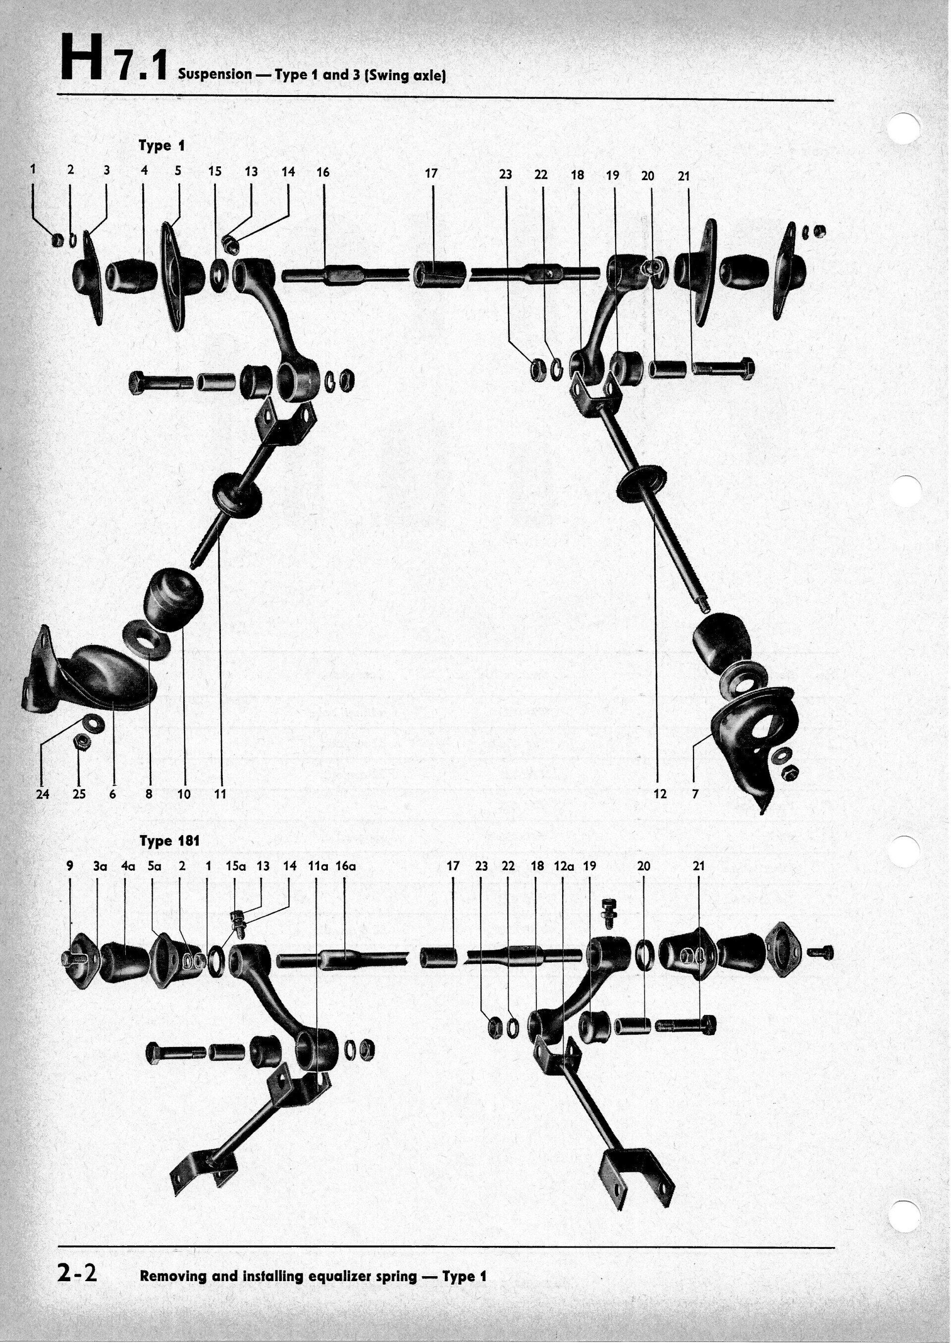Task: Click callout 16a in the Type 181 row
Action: coord(346,866)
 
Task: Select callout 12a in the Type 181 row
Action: coord(563,866)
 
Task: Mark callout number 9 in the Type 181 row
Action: coord(70,866)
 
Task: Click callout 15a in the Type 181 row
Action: coord(235,866)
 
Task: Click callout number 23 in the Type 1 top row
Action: coord(505,174)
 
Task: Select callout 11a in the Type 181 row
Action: coord(317,866)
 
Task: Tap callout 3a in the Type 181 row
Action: coord(100,866)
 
